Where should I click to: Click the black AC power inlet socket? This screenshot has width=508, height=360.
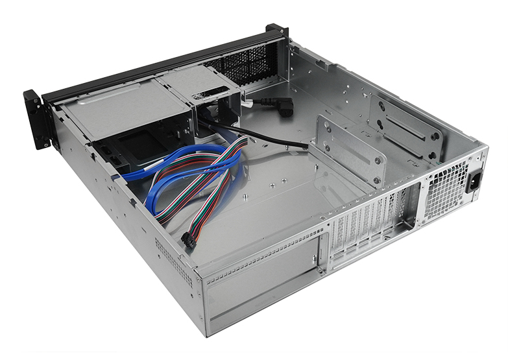tap(476, 180)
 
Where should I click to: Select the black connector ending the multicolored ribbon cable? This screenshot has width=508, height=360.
tap(189, 241)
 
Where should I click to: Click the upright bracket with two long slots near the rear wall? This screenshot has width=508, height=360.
tap(405, 126)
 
